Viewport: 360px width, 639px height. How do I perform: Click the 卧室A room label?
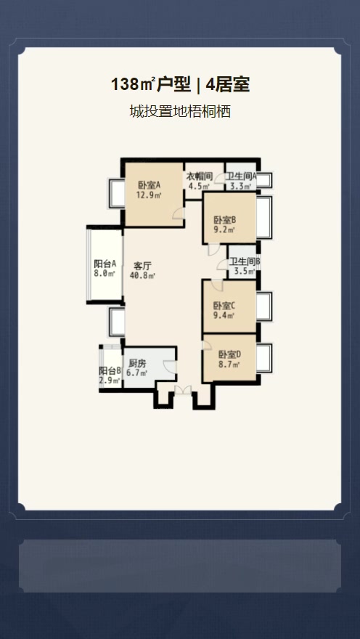pyautogui.click(x=150, y=185)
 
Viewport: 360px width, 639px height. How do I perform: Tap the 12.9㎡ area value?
pyautogui.click(x=149, y=195)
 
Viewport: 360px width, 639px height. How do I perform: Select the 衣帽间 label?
pyautogui.click(x=200, y=176)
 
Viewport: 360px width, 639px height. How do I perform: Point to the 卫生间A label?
pyautogui.click(x=241, y=176)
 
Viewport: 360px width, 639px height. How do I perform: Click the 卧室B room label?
pyautogui.click(x=225, y=220)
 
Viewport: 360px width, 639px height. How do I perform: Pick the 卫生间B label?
pyautogui.click(x=245, y=261)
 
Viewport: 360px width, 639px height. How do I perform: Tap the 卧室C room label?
pyautogui.click(x=224, y=306)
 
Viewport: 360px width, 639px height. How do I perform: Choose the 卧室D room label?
pyautogui.click(x=229, y=354)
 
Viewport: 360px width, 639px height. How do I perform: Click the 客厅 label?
pyautogui.click(x=142, y=266)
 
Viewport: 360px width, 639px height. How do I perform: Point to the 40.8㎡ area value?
pyautogui.click(x=142, y=275)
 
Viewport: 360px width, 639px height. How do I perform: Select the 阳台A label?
pyautogui.click(x=105, y=264)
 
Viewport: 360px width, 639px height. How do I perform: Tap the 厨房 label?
pyautogui.click(x=137, y=364)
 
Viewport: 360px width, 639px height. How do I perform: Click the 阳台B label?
pyautogui.click(x=110, y=371)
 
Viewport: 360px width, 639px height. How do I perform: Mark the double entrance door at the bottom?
pyautogui.click(x=183, y=390)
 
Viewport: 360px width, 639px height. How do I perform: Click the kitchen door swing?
pyautogui.click(x=170, y=367)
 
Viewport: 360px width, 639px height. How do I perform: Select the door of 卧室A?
pyautogui.click(x=179, y=213)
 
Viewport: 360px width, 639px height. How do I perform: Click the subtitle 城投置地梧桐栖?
pyautogui.click(x=180, y=111)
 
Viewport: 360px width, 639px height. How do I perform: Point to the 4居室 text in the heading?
pyautogui.click(x=228, y=85)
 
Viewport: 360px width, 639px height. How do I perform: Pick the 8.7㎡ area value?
pyautogui.click(x=229, y=365)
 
